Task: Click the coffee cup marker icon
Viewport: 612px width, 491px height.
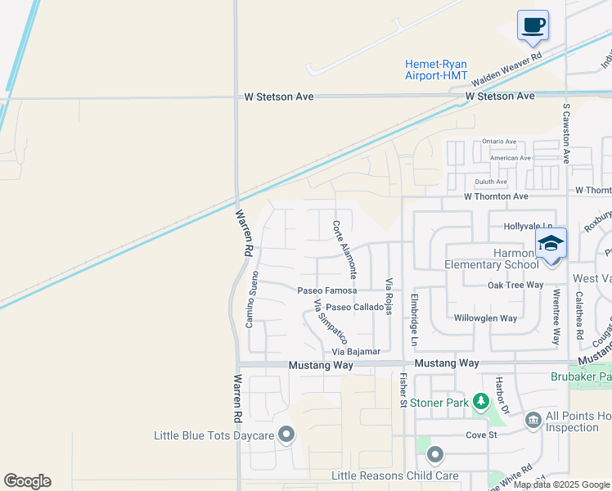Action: tap(533, 25)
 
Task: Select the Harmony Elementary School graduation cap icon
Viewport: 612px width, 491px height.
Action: tap(551, 243)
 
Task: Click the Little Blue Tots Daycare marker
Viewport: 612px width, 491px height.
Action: tap(286, 435)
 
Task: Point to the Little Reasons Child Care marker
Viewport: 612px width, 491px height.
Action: tap(434, 454)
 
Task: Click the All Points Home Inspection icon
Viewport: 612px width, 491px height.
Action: tap(533, 420)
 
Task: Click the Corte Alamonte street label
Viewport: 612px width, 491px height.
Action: tap(344, 250)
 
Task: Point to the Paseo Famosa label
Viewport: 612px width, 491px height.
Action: tap(326, 291)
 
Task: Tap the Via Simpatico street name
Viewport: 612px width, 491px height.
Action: tap(331, 321)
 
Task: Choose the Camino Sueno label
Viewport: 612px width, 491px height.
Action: tap(254, 300)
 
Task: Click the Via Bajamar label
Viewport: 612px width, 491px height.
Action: tap(356, 351)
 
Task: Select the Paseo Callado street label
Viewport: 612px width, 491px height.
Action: tap(354, 307)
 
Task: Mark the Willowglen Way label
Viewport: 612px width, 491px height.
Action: tap(485, 318)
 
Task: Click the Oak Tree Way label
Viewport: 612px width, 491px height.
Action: tap(515, 285)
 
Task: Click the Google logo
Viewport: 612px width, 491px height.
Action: tap(27, 481)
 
